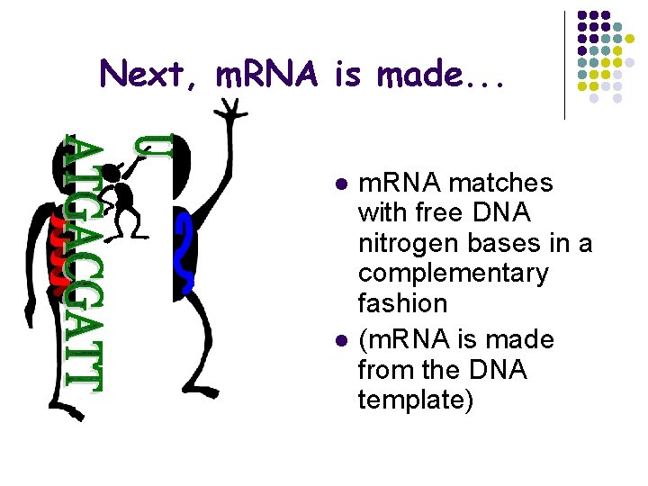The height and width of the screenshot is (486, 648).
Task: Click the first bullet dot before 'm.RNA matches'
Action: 341,184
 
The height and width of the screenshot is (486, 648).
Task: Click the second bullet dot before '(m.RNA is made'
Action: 341,341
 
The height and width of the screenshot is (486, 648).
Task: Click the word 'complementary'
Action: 453,274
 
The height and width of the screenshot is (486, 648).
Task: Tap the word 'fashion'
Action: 402,303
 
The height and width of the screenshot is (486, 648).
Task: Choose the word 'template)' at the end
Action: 415,400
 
